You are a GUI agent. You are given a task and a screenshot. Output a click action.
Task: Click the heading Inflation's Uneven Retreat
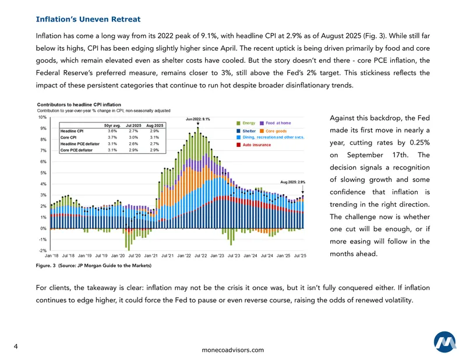pos(88,19)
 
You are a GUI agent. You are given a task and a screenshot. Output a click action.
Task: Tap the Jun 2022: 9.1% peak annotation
pos(198,119)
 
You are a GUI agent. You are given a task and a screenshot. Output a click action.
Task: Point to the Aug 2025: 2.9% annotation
pos(293,182)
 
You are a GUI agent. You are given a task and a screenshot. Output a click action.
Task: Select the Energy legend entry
pos(246,123)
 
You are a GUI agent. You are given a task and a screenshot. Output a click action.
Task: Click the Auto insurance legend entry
pos(253,145)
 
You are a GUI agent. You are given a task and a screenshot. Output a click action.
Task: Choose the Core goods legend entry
pos(273,131)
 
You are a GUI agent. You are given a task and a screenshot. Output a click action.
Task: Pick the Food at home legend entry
pos(275,123)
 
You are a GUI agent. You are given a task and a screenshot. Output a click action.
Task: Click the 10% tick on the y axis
pos(43,117)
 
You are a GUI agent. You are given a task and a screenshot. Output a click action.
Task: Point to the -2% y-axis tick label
pos(43,250)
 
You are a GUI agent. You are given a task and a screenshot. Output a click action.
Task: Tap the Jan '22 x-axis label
pos(184,256)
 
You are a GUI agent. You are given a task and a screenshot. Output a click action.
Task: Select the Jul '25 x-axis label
pos(300,256)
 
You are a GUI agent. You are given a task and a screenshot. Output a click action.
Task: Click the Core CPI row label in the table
pos(68,137)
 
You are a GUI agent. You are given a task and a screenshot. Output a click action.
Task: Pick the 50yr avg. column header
pos(112,125)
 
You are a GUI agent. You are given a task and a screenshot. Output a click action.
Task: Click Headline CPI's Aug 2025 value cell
pos(154,131)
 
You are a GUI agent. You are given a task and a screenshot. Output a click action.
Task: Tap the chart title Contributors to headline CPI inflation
pos(79,105)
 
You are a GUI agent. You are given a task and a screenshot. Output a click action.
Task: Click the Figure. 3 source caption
pos(94,266)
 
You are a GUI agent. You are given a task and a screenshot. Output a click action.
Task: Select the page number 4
pos(16,347)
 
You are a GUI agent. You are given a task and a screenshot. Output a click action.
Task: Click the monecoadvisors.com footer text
pos(232,350)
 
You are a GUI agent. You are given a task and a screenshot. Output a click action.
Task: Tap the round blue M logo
pos(445,342)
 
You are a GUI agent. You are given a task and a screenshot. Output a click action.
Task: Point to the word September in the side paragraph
pos(365,155)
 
